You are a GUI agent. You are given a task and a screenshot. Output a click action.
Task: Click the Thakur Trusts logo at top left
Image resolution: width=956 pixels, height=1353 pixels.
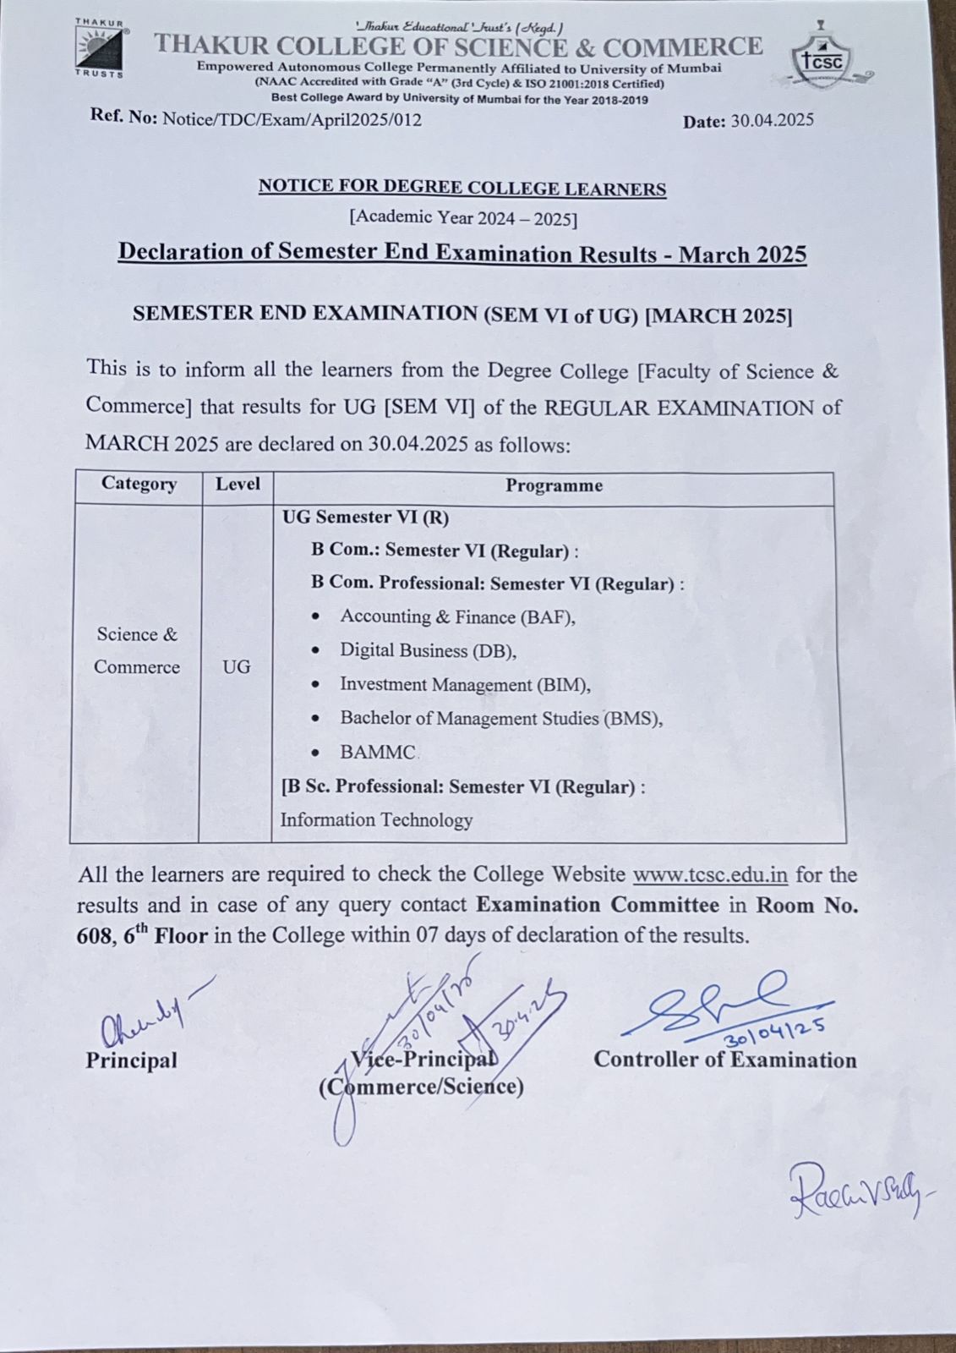click(x=100, y=47)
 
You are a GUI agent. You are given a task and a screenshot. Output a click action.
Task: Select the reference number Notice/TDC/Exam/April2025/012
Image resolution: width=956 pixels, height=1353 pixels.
click(x=292, y=119)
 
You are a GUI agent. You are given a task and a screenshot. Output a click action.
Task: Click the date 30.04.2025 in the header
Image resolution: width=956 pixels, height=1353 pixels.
click(x=772, y=120)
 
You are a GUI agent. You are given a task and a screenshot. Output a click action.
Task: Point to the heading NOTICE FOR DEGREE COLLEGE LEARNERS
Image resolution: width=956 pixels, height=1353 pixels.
click(x=462, y=187)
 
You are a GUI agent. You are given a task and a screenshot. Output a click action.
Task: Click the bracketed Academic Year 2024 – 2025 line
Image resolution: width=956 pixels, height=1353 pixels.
click(x=463, y=217)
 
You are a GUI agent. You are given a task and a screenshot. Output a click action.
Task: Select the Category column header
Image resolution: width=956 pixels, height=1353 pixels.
click(x=139, y=484)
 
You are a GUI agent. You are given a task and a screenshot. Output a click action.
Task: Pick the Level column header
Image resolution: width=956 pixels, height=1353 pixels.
click(x=238, y=485)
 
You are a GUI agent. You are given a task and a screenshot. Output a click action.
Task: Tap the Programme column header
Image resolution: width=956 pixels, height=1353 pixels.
click(x=554, y=485)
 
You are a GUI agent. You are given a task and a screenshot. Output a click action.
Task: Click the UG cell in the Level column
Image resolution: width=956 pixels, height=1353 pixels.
click(x=237, y=666)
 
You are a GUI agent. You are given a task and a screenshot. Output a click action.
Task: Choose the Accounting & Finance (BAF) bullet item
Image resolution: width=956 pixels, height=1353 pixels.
click(x=457, y=616)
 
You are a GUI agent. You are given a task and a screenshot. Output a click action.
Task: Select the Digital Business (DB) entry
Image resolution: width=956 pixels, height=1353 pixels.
click(x=428, y=650)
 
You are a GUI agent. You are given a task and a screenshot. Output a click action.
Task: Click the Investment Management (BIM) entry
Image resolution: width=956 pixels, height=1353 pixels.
click(x=465, y=684)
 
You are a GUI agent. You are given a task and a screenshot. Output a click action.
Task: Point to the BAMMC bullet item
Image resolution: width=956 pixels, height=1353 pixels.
click(x=378, y=752)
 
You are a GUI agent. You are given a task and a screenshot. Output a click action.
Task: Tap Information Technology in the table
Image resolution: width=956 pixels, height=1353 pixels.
click(x=376, y=819)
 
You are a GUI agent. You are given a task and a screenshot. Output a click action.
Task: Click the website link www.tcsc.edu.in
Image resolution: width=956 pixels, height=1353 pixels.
click(x=710, y=874)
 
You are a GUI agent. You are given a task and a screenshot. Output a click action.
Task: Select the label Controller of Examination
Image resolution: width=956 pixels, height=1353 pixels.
click(x=724, y=1060)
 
